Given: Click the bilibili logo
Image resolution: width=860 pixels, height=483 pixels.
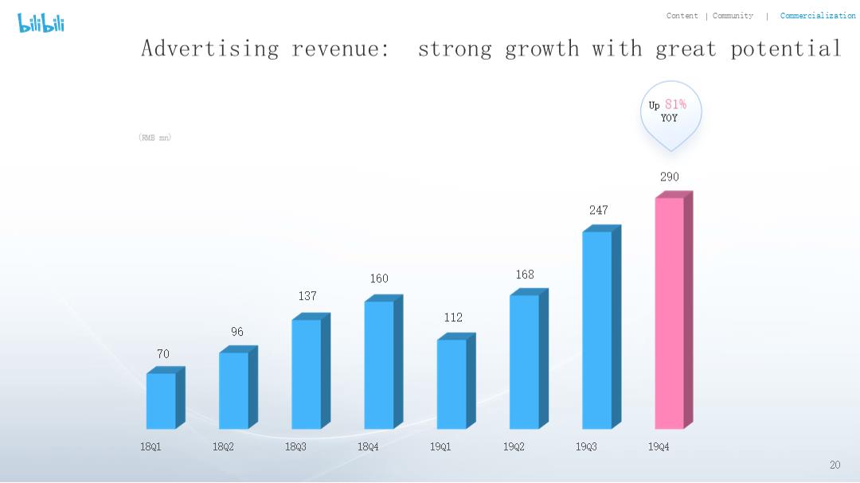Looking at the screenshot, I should [41, 23].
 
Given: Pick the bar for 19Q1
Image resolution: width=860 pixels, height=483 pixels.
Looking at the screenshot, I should [452, 384].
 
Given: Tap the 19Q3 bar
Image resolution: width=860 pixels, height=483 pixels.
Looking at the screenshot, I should [597, 329].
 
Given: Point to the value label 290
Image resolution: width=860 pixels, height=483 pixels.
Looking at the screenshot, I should [670, 177].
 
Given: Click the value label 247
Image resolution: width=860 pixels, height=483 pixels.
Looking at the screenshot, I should [598, 210].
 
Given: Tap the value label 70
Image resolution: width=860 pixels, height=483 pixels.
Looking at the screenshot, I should [163, 354].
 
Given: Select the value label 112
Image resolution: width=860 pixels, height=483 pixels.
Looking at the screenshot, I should [453, 317].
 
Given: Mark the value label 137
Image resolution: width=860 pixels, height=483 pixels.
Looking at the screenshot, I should [307, 296].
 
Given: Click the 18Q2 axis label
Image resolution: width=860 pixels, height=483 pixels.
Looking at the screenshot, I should [223, 447].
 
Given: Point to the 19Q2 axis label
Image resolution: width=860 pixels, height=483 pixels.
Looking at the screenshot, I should [514, 447].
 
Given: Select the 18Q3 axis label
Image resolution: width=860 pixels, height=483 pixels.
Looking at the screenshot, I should [295, 447].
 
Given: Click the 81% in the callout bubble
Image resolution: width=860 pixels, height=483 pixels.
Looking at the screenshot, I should [675, 105].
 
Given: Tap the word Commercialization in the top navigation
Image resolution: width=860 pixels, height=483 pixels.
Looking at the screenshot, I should [818, 16].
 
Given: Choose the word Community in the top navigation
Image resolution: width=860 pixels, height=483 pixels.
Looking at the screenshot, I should [733, 16].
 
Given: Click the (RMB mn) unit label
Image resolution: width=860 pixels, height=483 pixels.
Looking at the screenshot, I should [154, 138].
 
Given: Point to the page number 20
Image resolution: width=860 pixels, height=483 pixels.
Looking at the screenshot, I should [835, 465].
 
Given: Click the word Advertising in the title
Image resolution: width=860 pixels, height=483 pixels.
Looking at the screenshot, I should [209, 49].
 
